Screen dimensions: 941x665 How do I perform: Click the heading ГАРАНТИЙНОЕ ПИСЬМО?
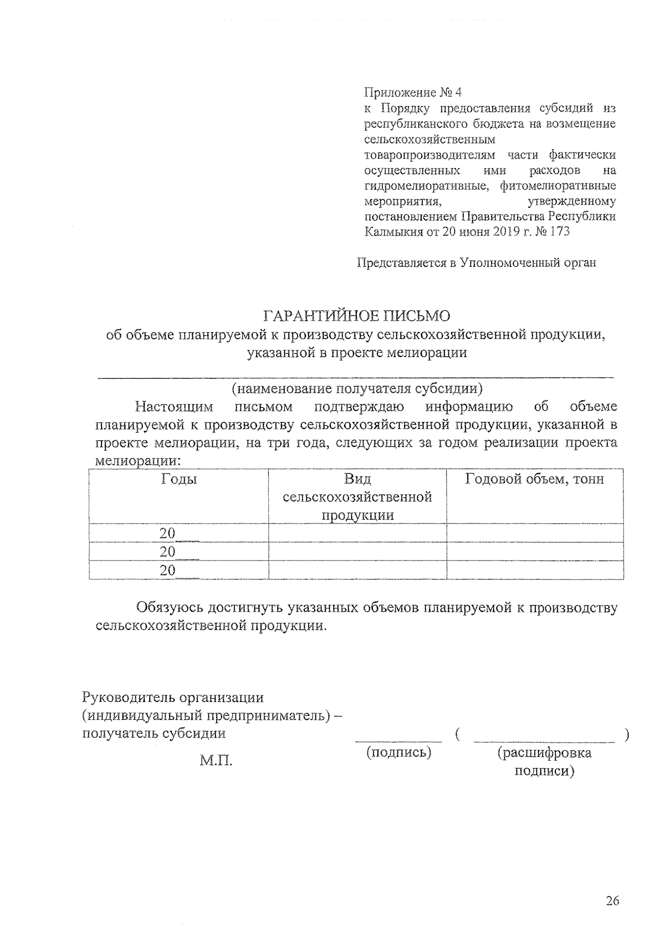click(x=357, y=316)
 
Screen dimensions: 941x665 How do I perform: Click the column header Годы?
click(x=178, y=479)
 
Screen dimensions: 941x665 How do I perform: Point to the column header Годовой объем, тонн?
click(x=534, y=479)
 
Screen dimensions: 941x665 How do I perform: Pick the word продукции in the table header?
click(x=358, y=515)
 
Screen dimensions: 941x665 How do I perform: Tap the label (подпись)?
click(x=399, y=752)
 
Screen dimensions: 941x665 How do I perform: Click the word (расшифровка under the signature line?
click(x=544, y=752)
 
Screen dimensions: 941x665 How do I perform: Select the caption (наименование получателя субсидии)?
click(x=357, y=389)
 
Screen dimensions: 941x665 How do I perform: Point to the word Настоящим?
click(x=174, y=407)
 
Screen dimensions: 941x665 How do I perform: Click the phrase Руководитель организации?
click(x=173, y=697)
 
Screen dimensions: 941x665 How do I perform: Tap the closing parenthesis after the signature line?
click(x=626, y=735)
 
